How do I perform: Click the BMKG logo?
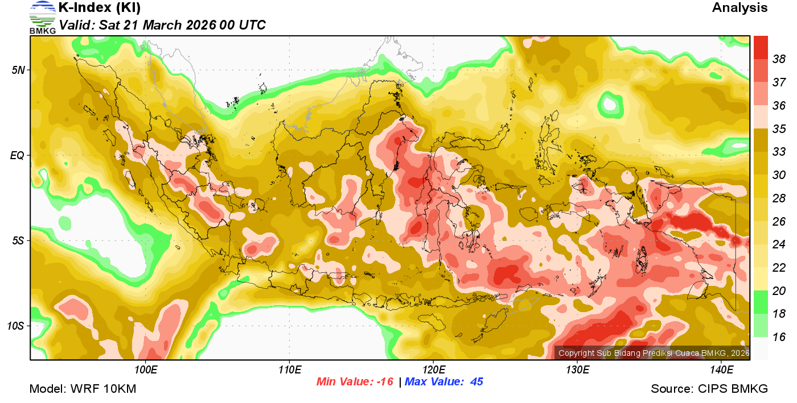coord(43,17)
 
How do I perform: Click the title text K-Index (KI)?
coord(99,8)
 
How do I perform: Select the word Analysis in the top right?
coord(740,8)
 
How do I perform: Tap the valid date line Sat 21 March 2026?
coord(162,25)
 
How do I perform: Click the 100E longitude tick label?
coord(146,370)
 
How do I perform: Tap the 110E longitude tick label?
coord(289,370)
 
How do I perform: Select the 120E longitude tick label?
coord(433,370)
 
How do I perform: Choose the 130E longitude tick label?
coord(577,370)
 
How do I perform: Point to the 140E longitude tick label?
coord(721,370)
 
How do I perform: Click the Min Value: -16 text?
coord(355,382)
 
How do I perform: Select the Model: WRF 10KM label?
coord(83,389)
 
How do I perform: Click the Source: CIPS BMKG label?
coord(709,389)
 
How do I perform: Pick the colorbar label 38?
coord(779,59)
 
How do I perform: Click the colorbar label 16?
coord(779,337)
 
